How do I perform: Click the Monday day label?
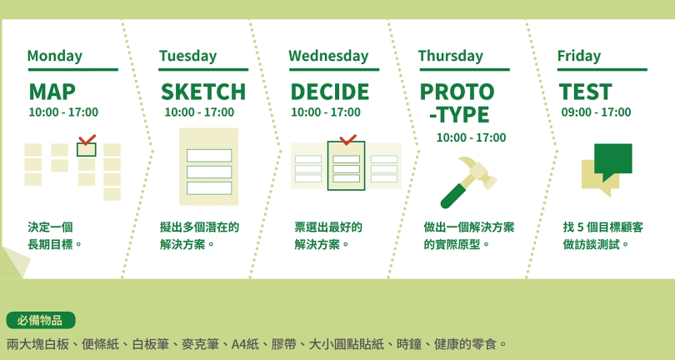[55, 57]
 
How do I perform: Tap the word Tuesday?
[187, 57]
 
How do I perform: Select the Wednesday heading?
[328, 57]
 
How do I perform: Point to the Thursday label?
[451, 57]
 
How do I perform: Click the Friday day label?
[579, 57]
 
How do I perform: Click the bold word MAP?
[52, 92]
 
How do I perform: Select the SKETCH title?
[203, 92]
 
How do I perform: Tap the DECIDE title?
[330, 92]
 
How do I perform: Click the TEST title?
[586, 92]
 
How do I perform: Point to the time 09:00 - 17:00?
[596, 112]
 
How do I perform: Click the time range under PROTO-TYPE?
[472, 137]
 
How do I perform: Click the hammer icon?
[468, 182]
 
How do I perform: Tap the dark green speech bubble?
[613, 160]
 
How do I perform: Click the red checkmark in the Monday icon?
[87, 139]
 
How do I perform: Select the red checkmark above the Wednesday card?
[347, 139]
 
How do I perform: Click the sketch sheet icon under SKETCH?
[209, 167]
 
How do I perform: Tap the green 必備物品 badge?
[41, 320]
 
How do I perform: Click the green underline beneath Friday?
[602, 69]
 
